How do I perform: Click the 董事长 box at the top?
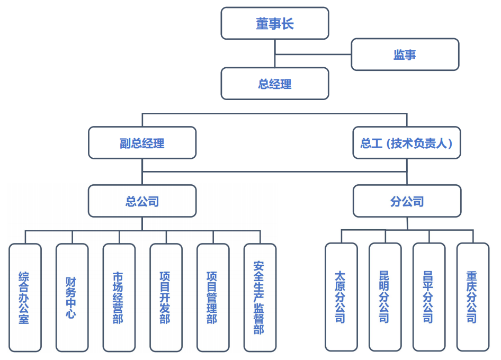[x=275, y=23]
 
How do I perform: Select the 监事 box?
[x=405, y=55]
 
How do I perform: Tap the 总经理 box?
[x=275, y=84]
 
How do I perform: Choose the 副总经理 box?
[x=142, y=143]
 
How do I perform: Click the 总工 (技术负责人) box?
[x=407, y=143]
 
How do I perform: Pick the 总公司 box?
[x=142, y=201]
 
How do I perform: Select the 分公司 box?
[x=407, y=201]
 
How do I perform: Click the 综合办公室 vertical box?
[x=25, y=298]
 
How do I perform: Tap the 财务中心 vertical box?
[x=72, y=298]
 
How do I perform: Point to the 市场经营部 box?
[x=119, y=298]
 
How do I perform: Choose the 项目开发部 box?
[x=166, y=298]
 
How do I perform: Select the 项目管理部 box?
[x=213, y=298]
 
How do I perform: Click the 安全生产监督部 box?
[x=260, y=298]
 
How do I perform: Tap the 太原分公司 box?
[x=341, y=297]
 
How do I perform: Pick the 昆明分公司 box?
[x=385, y=297]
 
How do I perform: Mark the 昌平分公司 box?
[x=429, y=297]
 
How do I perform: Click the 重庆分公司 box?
[x=473, y=297]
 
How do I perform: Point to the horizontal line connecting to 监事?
[x=314, y=55]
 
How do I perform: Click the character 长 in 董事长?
[x=288, y=24]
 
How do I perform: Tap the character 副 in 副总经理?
[x=125, y=143]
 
